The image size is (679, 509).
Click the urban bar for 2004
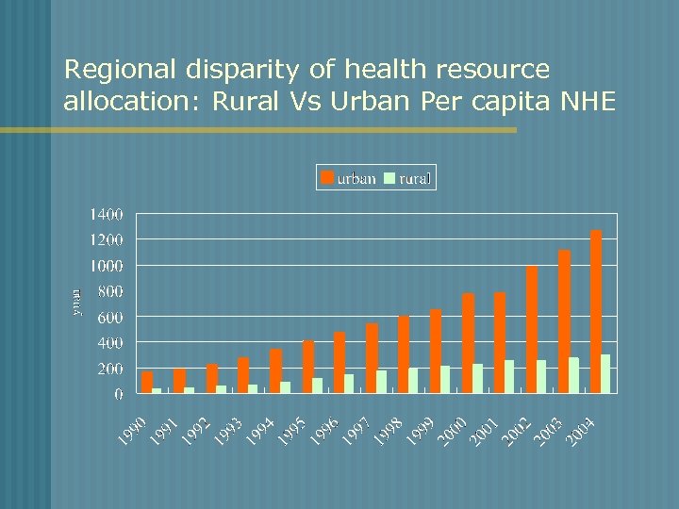[595, 311]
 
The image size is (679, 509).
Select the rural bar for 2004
[605, 373]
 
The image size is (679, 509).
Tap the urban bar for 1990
[146, 382]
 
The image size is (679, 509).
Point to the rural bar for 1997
[381, 381]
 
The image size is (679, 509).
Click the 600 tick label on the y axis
[110, 317]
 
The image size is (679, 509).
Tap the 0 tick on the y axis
[119, 394]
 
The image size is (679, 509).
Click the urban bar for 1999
[436, 351]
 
